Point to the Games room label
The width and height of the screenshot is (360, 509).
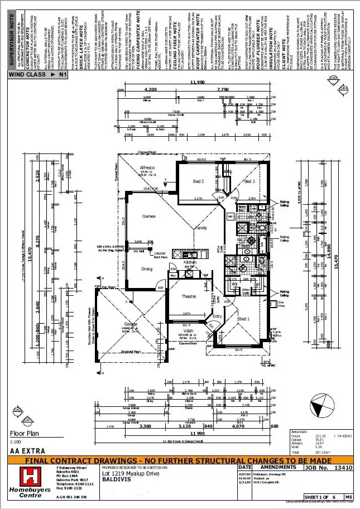pyautogui.click(x=149, y=216)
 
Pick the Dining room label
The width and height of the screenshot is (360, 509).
pyautogui.click(x=146, y=268)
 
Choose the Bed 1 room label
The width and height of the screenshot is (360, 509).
pyautogui.click(x=244, y=318)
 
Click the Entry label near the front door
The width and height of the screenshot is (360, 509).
pyautogui.click(x=217, y=316)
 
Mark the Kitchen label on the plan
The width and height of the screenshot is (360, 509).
pyautogui.click(x=190, y=262)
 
